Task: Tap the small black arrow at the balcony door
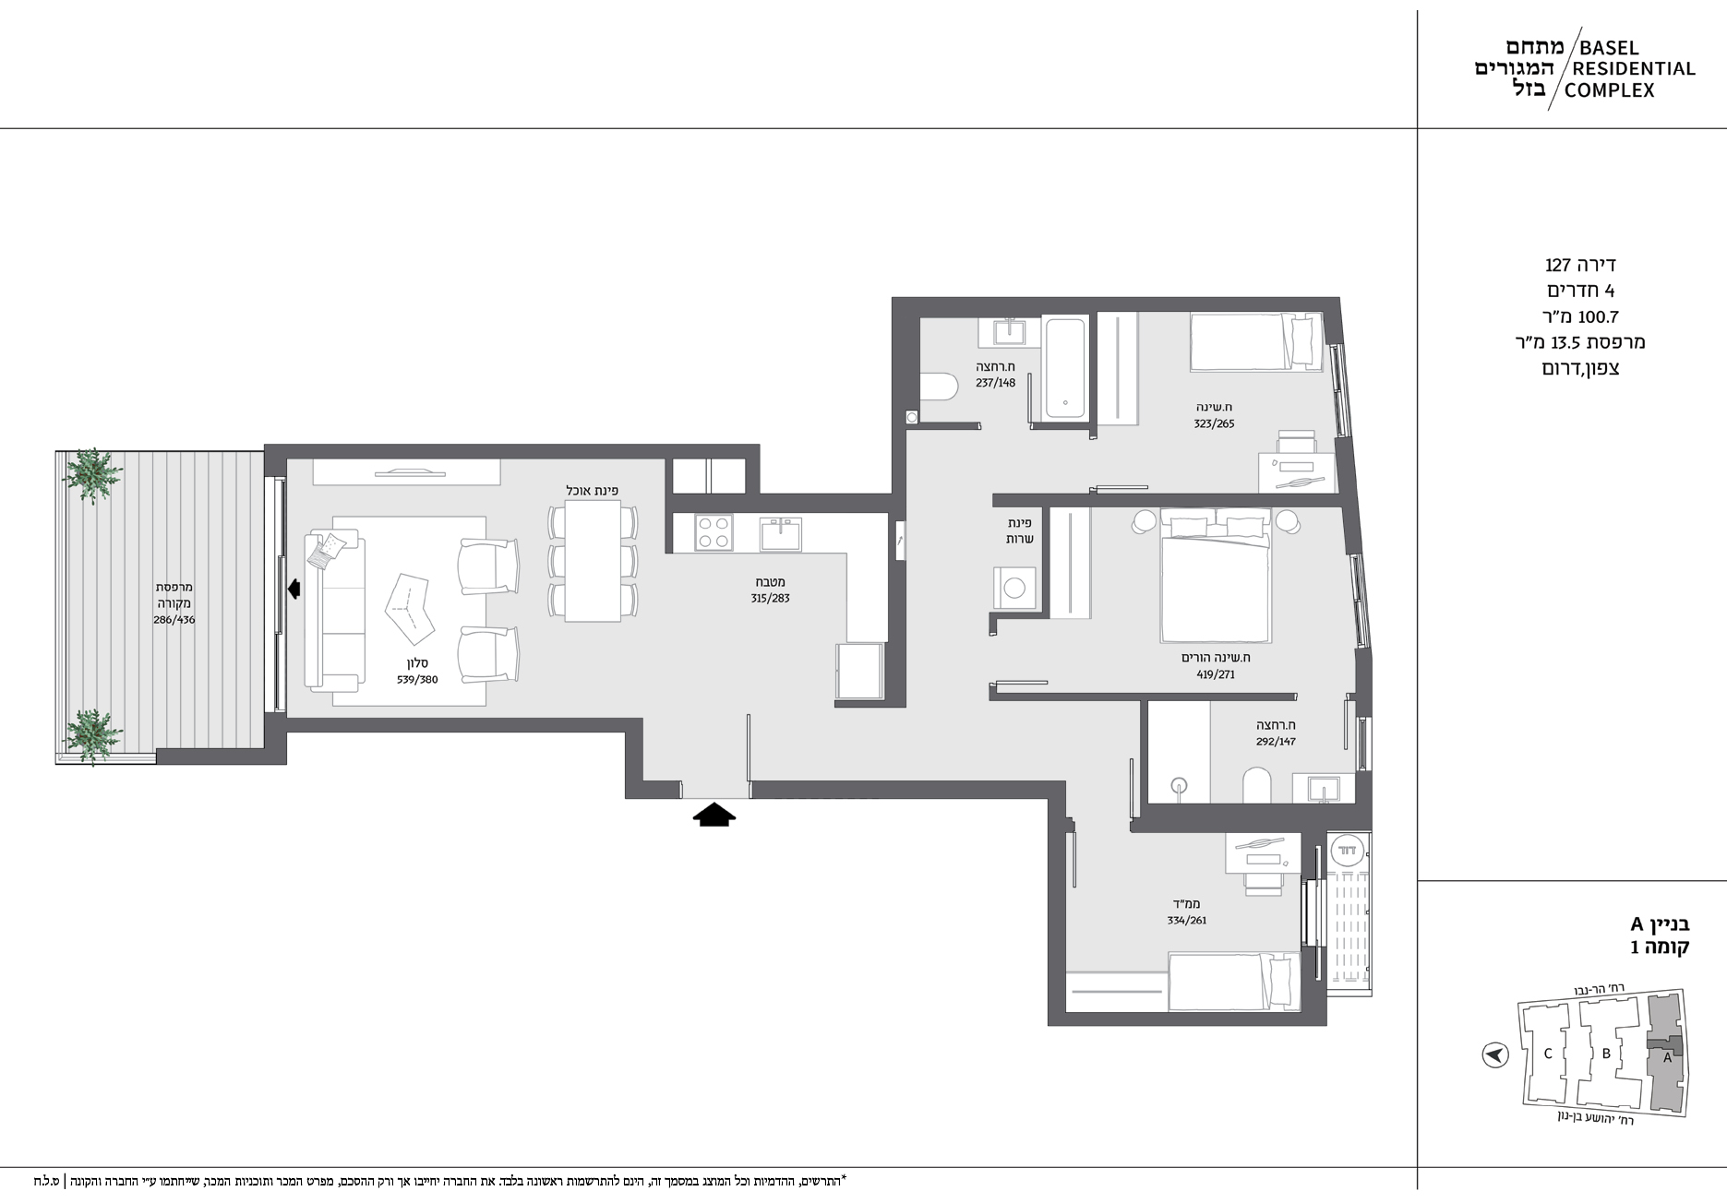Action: click(294, 589)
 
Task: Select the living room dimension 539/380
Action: click(417, 680)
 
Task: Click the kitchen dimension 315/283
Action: click(770, 598)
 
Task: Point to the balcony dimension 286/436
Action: click(174, 620)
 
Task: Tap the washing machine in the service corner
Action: click(1014, 589)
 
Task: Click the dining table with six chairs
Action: click(593, 562)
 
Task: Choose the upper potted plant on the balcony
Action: click(92, 474)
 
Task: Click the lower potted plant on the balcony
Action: click(93, 735)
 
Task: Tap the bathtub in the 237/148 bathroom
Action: click(1065, 369)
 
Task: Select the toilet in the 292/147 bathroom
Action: click(1256, 786)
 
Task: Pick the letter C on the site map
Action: click(1548, 1054)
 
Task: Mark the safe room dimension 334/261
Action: click(1185, 920)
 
